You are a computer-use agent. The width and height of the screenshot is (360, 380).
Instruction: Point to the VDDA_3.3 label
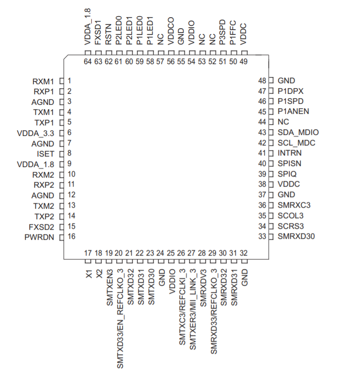tap(36, 133)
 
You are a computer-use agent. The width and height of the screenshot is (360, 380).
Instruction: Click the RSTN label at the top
tap(109, 35)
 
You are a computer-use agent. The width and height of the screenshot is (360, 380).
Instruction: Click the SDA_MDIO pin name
tap(298, 133)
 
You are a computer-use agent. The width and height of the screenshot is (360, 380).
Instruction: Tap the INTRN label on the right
tap(289, 154)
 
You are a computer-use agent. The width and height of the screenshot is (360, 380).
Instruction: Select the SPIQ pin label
tap(287, 174)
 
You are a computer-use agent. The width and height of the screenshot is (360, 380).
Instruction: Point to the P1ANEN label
tap(293, 112)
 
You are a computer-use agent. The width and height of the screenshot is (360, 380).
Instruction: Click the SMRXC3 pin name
tap(294, 205)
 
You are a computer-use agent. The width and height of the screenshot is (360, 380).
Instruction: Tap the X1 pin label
tap(88, 274)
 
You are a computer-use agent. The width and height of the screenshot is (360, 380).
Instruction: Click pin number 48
tap(262, 81)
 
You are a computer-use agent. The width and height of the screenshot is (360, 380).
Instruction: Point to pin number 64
tap(88, 61)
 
